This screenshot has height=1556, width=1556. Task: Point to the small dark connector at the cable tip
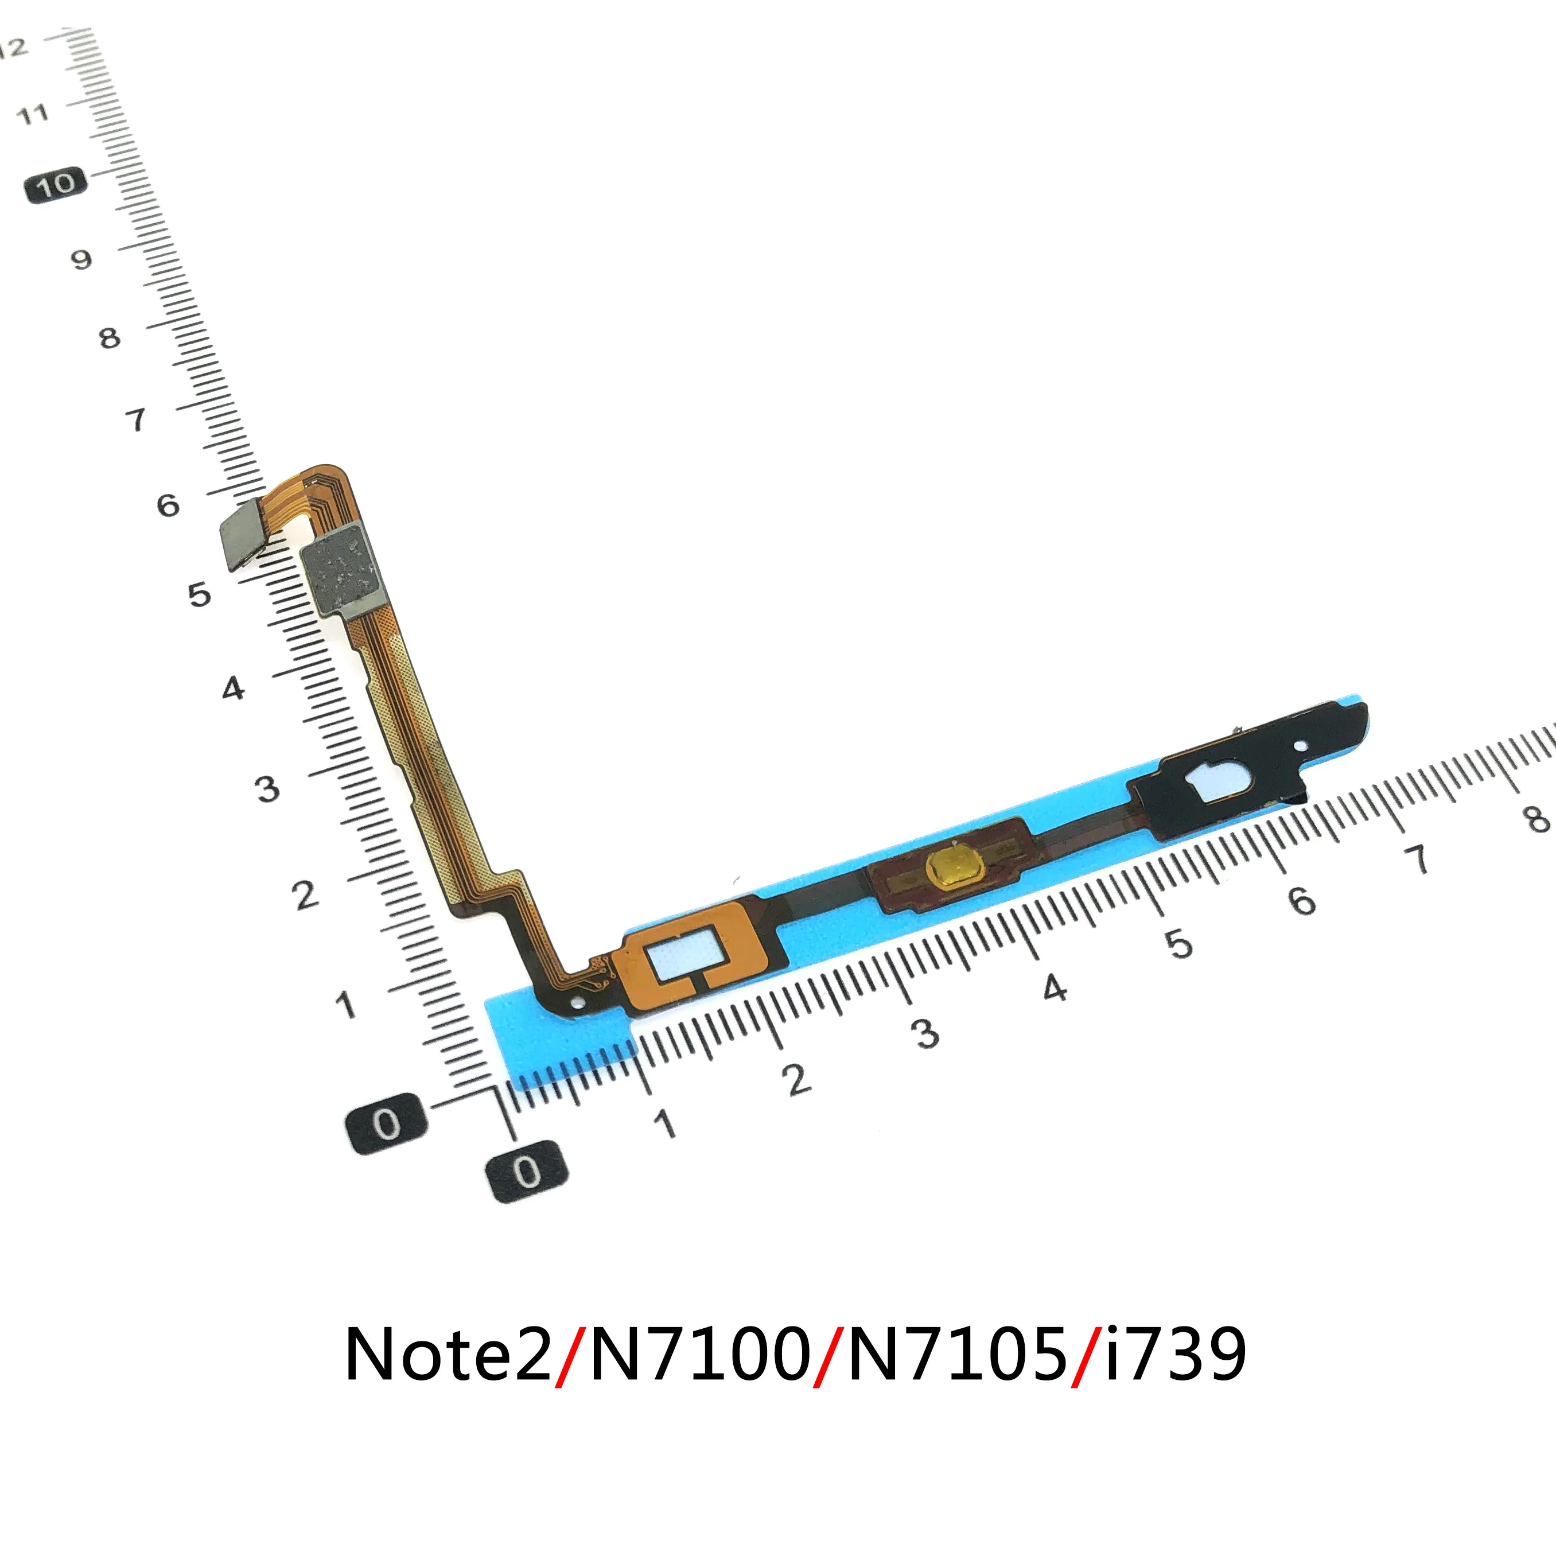(x=243, y=532)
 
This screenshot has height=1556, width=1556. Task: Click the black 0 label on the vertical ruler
(x=386, y=1123)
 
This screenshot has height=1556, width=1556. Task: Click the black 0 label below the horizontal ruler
(x=527, y=1171)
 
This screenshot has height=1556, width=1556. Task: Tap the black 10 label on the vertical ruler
(x=55, y=185)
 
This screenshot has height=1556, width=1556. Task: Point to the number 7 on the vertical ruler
(x=136, y=419)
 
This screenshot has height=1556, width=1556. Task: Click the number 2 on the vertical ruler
(x=305, y=895)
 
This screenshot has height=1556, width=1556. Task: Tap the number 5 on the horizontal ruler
(x=1179, y=943)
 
